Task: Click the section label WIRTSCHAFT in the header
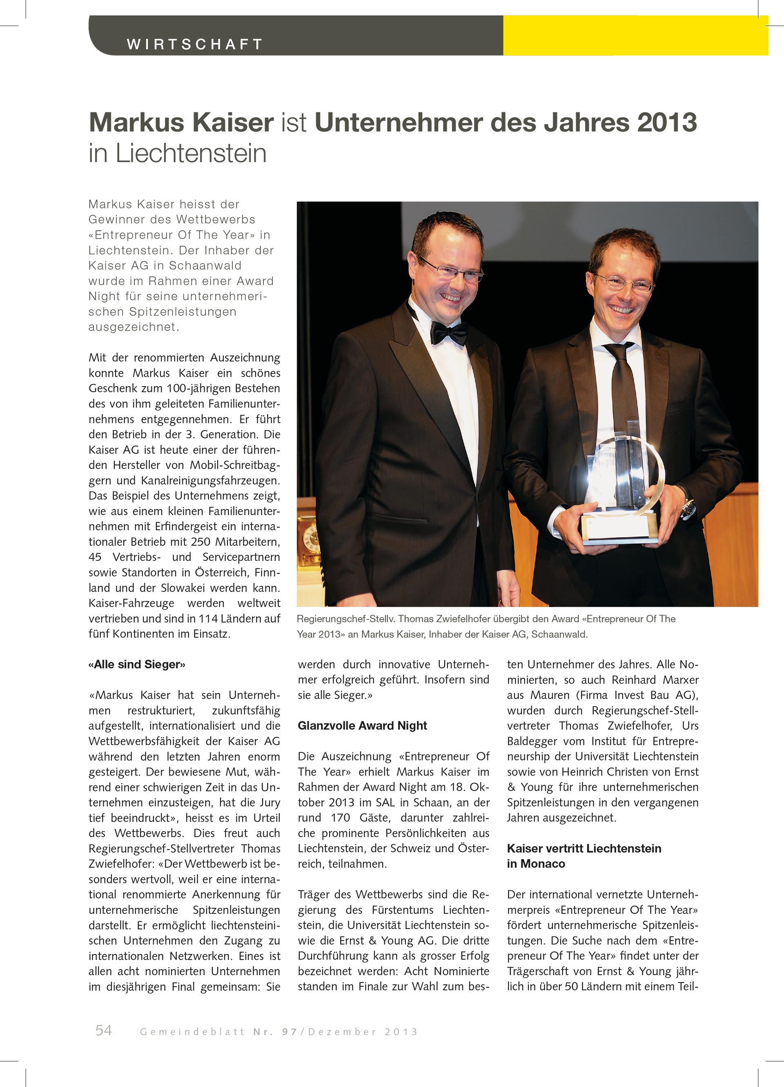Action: (x=195, y=44)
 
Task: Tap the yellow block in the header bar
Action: (x=635, y=36)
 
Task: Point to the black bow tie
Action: (x=448, y=333)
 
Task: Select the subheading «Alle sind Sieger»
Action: (x=137, y=664)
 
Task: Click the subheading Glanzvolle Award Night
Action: (x=362, y=726)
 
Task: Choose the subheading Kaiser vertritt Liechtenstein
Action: (x=584, y=848)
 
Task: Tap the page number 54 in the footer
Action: (x=104, y=1030)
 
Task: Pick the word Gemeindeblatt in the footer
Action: (x=192, y=1032)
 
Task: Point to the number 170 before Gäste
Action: (x=340, y=818)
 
